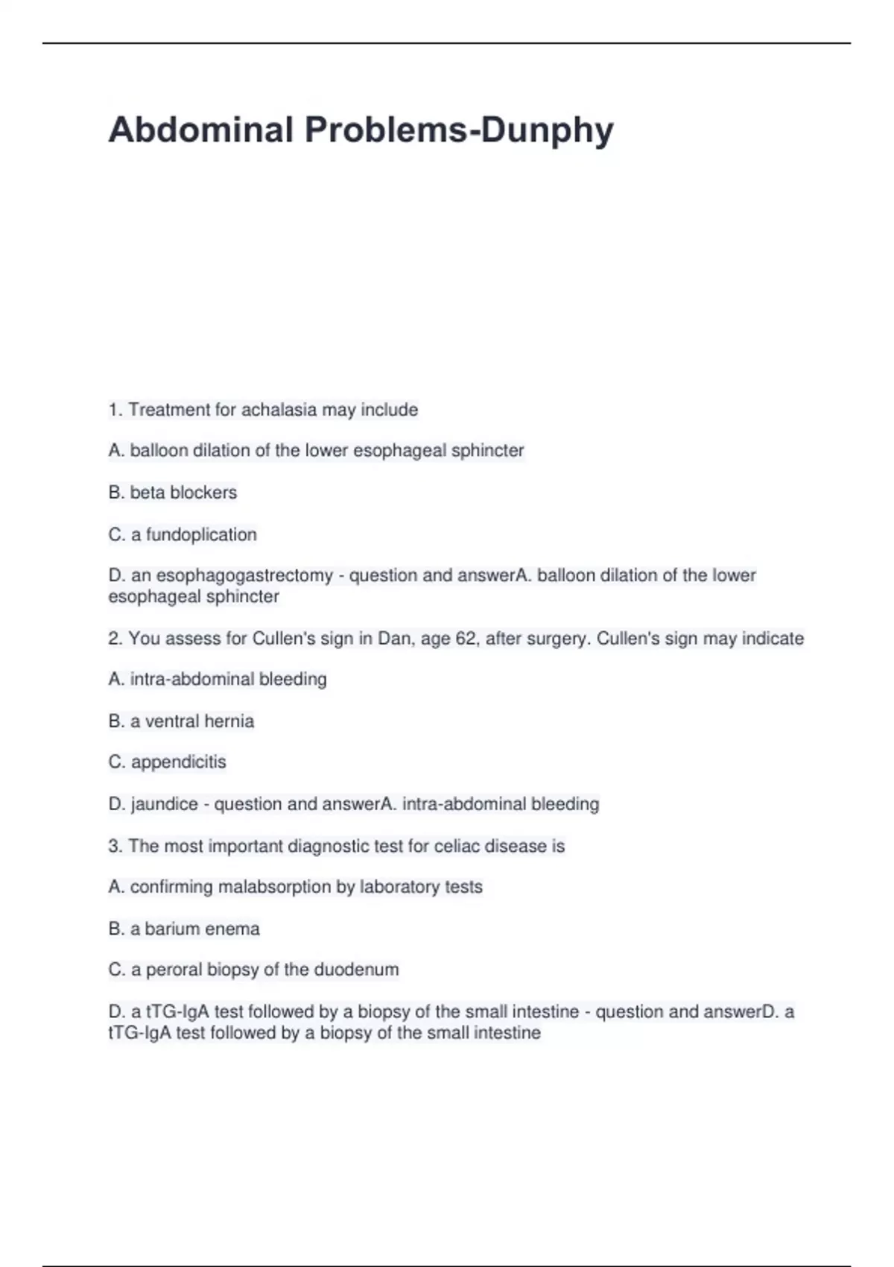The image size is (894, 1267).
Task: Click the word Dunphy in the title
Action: [547, 130]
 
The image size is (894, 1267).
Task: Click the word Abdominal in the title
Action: [201, 130]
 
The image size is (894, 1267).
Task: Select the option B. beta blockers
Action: [173, 493]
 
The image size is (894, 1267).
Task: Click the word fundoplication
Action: [201, 534]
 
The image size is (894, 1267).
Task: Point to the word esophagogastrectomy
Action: [244, 575]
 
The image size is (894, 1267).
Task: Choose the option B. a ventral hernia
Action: [181, 721]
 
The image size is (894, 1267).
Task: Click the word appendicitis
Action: [179, 762]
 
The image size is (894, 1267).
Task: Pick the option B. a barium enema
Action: [184, 929]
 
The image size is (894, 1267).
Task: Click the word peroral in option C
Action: [174, 970]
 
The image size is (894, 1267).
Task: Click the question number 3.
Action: [115, 847]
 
